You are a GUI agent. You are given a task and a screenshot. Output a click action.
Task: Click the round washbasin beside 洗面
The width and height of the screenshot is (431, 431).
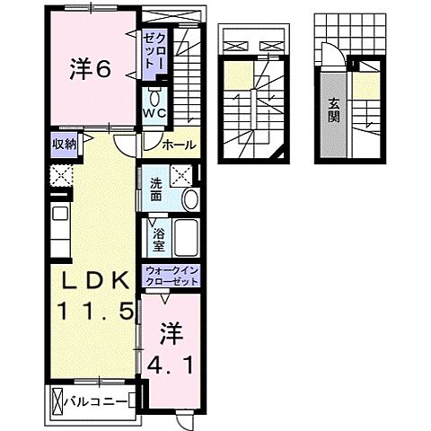pos(189,199)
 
